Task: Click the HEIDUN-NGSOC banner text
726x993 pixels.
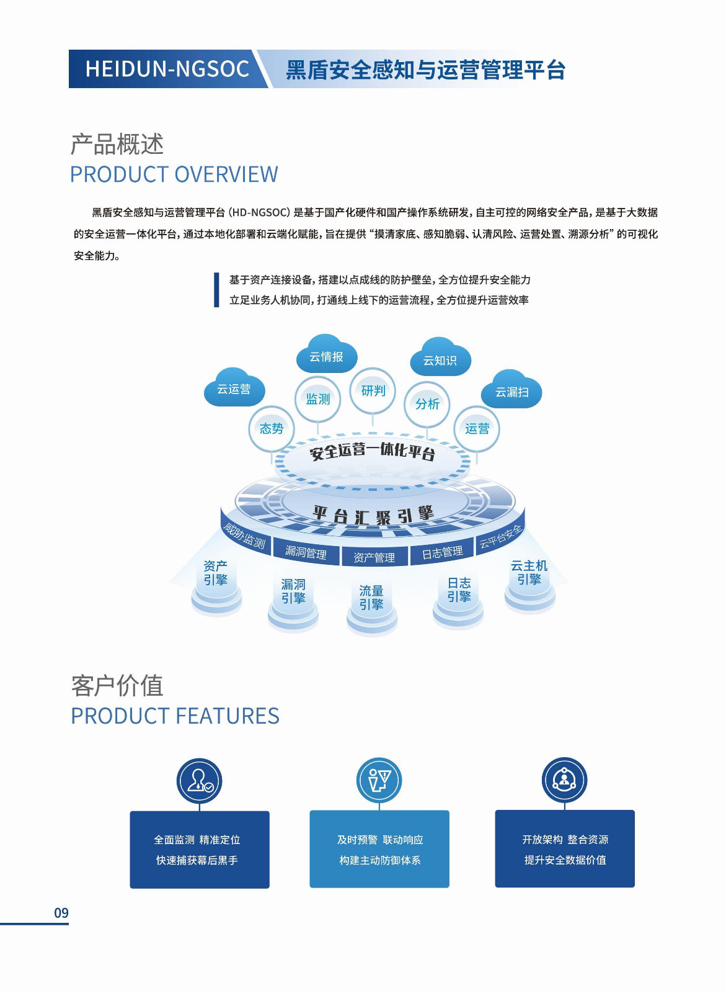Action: coord(167,69)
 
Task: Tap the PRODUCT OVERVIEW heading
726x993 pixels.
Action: coord(174,174)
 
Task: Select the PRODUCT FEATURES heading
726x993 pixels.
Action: coord(175,716)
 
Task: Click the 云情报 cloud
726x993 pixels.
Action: coord(326,356)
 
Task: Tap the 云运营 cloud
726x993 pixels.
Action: coord(234,389)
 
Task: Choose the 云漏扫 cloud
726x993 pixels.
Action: coord(511,392)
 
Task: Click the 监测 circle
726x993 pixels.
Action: coord(318,399)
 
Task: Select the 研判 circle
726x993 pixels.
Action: coord(373,390)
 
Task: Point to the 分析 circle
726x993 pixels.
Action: coord(427,404)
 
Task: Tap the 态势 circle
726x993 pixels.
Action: coord(271,428)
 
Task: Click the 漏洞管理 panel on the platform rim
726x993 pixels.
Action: coord(306,553)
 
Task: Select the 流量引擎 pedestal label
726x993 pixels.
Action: coord(371,598)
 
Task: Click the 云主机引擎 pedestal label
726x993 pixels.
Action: coord(529,572)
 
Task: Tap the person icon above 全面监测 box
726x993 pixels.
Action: coord(199,781)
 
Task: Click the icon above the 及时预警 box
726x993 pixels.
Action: coord(379,780)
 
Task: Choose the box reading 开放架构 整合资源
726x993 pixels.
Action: coord(564,848)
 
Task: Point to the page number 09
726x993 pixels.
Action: coord(61,913)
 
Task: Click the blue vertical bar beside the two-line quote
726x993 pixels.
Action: coord(216,290)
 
